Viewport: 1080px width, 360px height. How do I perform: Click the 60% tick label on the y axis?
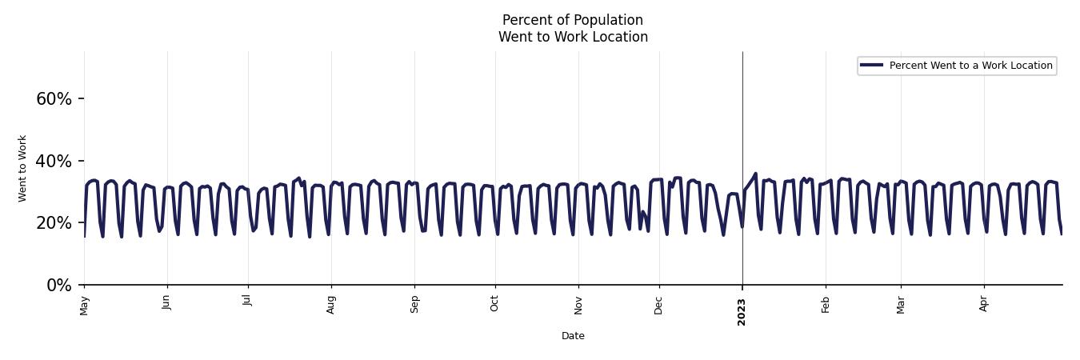pyautogui.click(x=54, y=99)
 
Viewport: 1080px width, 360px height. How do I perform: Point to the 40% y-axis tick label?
pyautogui.click(x=54, y=162)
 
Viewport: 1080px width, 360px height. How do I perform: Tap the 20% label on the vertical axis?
pyautogui.click(x=54, y=223)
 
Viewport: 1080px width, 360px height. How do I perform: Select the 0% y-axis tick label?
pyautogui.click(x=59, y=286)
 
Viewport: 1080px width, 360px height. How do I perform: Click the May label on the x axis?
pyautogui.click(x=84, y=305)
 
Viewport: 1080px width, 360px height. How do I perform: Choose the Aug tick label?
pyautogui.click(x=331, y=304)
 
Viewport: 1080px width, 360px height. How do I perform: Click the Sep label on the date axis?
pyautogui.click(x=414, y=304)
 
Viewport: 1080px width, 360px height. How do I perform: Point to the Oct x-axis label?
pyautogui.click(x=494, y=303)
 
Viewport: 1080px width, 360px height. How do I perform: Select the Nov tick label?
pyautogui.click(x=578, y=304)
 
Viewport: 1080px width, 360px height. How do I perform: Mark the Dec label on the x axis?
pyautogui.click(x=659, y=304)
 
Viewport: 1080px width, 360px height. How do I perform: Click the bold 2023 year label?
pyautogui.click(x=742, y=311)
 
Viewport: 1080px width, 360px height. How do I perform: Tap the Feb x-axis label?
pyautogui.click(x=826, y=304)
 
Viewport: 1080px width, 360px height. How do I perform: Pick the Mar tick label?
pyautogui.click(x=901, y=304)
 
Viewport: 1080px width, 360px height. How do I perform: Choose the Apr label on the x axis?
pyautogui.click(x=984, y=303)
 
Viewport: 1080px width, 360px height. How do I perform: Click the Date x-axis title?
pyautogui.click(x=573, y=336)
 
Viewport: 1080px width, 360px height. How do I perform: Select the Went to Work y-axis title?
pyautogui.click(x=22, y=168)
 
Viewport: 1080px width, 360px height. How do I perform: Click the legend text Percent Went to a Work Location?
pyautogui.click(x=970, y=66)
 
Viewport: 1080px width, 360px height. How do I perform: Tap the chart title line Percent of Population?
pyautogui.click(x=573, y=20)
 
